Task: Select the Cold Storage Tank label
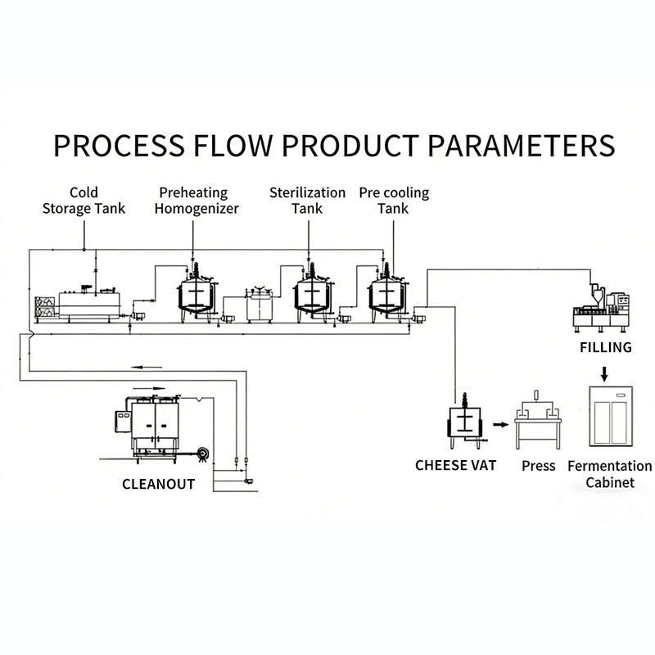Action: [84, 201]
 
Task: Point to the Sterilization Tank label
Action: [307, 201]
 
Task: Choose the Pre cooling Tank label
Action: [394, 201]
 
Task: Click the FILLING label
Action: [606, 347]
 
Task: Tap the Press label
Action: [539, 466]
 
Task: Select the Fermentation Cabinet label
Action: [610, 474]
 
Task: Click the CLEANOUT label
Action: [158, 484]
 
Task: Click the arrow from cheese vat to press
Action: [498, 426]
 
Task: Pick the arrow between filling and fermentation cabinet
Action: [605, 373]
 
